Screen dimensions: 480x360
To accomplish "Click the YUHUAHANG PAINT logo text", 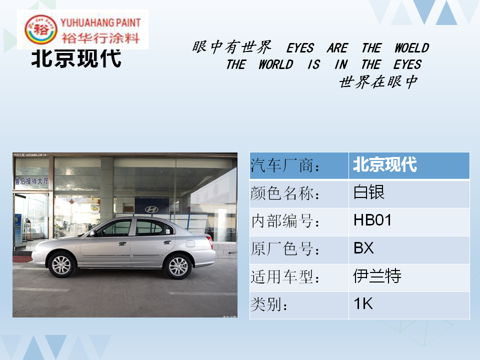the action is coord(100,22).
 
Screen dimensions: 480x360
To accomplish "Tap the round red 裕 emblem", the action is coord(40,29).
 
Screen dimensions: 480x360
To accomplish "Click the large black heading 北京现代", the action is coord(76,58).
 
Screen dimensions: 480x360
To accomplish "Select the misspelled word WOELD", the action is coord(411,48).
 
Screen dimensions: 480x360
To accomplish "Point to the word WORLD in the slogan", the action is coord(275,64).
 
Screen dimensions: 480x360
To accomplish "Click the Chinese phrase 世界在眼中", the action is coord(378,81).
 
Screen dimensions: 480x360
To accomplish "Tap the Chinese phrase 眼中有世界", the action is coord(231,47).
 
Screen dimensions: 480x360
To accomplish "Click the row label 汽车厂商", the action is coord(284,165).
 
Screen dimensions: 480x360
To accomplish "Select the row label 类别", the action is coord(269,304).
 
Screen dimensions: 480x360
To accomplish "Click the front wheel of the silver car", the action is coord(61,265).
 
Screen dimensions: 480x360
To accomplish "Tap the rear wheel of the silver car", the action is coord(178,266).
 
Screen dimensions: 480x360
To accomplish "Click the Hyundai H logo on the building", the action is coord(151,209).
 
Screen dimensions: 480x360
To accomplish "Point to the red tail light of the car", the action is coord(210,242).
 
